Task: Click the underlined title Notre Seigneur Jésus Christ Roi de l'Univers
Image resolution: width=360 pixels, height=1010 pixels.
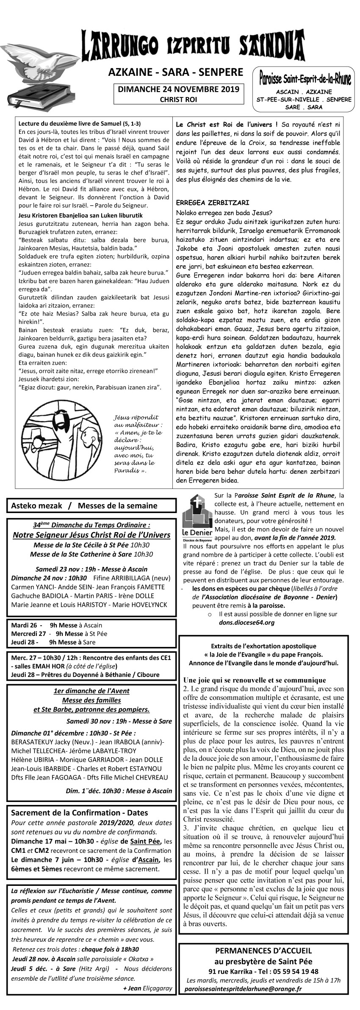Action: tap(91, 535)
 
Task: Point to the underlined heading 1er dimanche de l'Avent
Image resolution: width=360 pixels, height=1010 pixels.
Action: tap(91, 691)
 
